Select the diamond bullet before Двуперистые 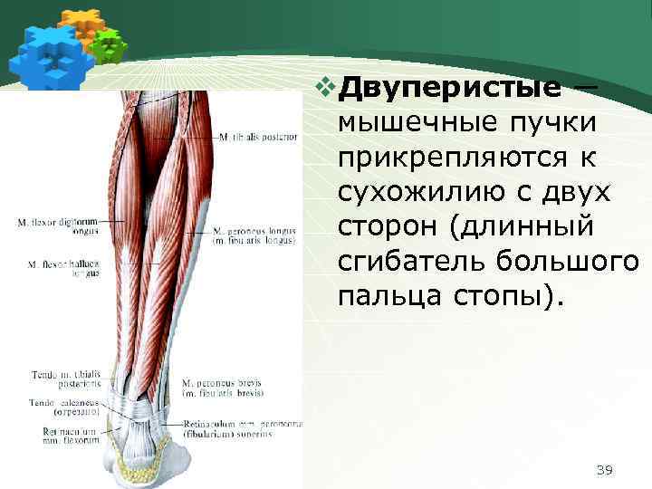(328, 89)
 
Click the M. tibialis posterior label (257, 138)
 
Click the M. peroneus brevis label (223, 388)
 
